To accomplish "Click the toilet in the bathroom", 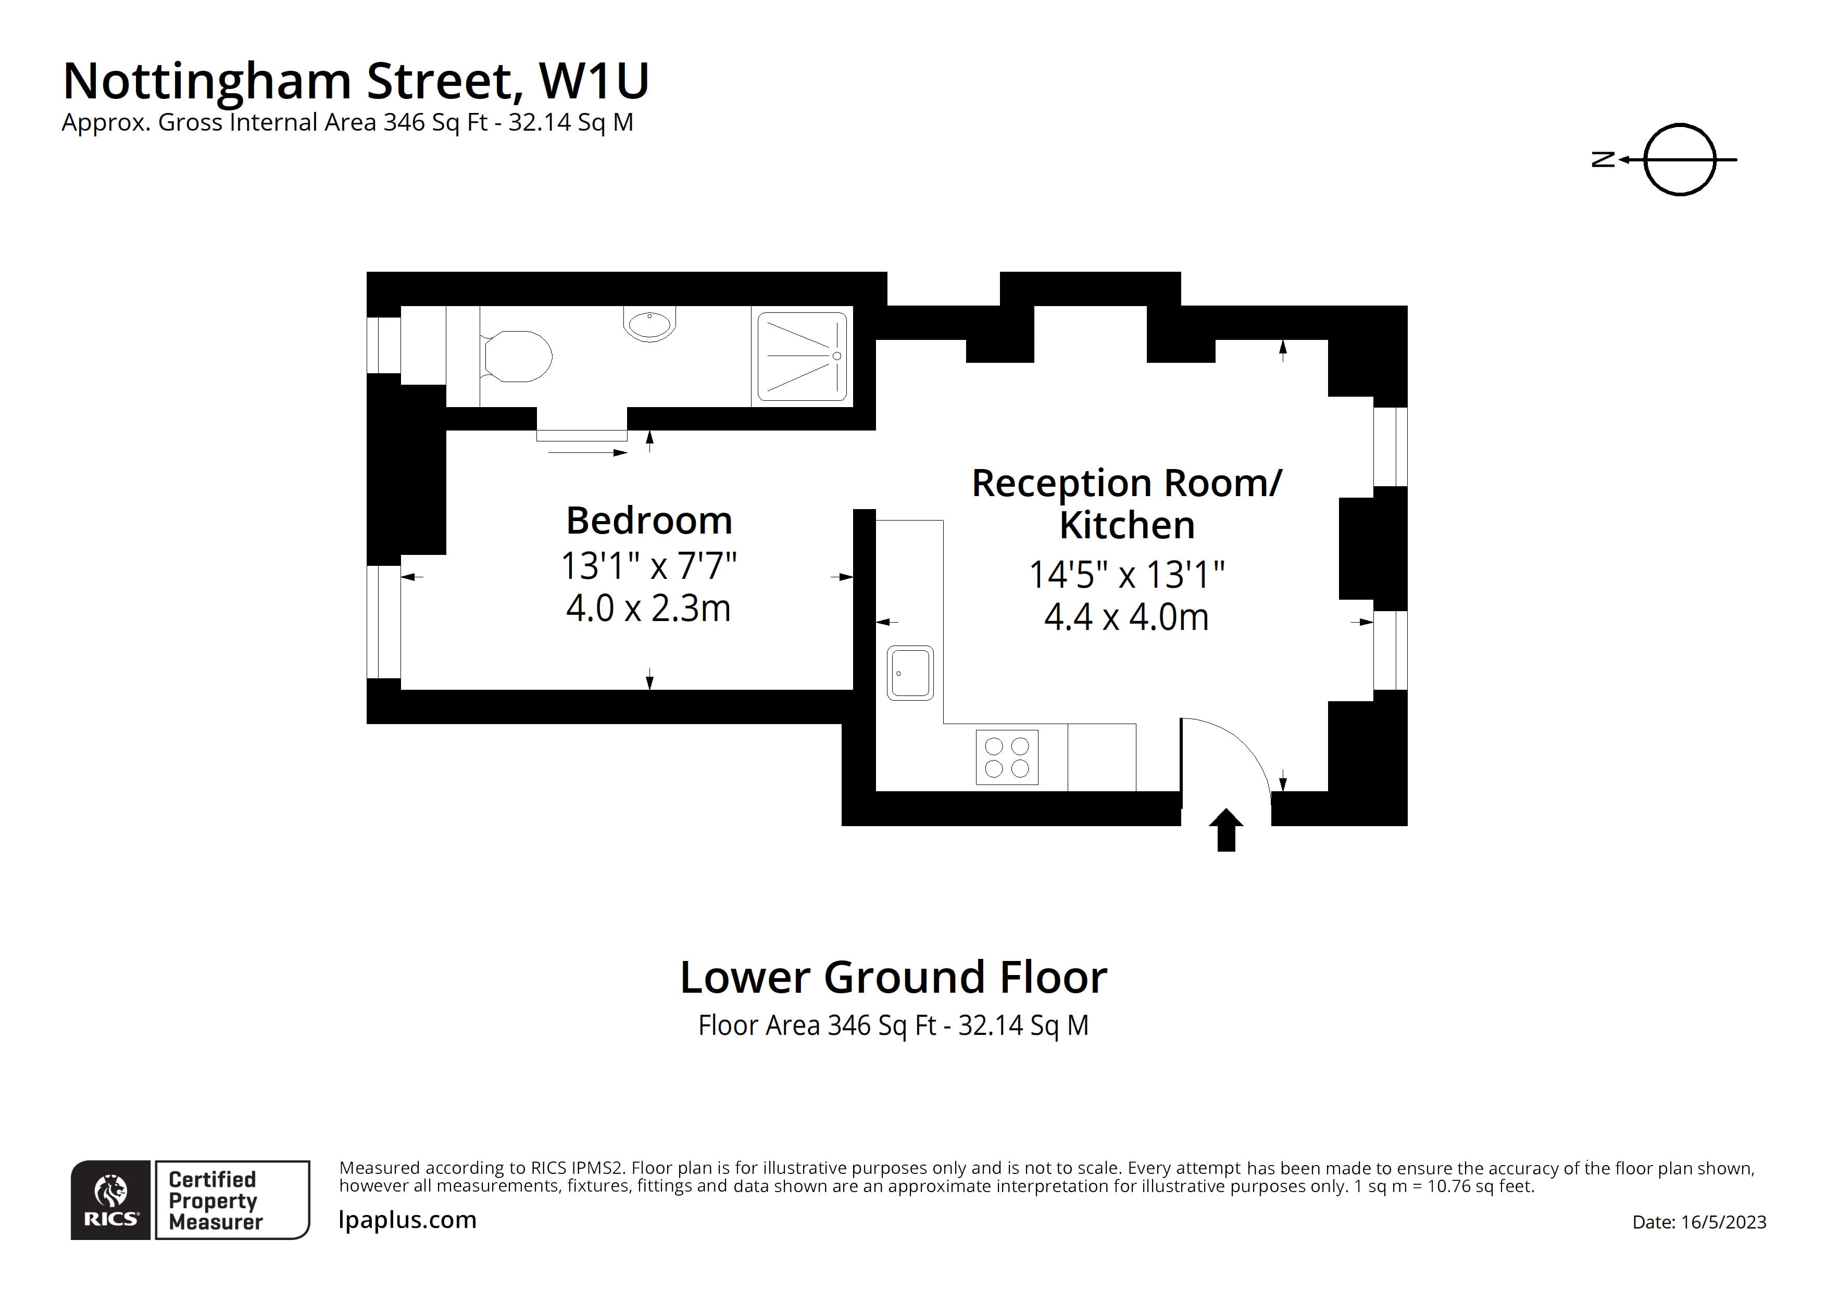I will (x=517, y=357).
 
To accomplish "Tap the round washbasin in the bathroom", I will (x=649, y=324).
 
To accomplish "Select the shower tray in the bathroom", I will (x=802, y=357).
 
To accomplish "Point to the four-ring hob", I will (x=1007, y=757).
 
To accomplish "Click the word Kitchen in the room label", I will (x=1127, y=526).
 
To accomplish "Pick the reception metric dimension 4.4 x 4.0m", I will (x=1126, y=618).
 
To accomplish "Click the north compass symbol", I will (x=1679, y=160).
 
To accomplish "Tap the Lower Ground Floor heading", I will (x=893, y=978).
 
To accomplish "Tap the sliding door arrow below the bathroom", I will (x=587, y=452).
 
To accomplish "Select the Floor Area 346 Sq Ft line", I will (x=893, y=1026).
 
